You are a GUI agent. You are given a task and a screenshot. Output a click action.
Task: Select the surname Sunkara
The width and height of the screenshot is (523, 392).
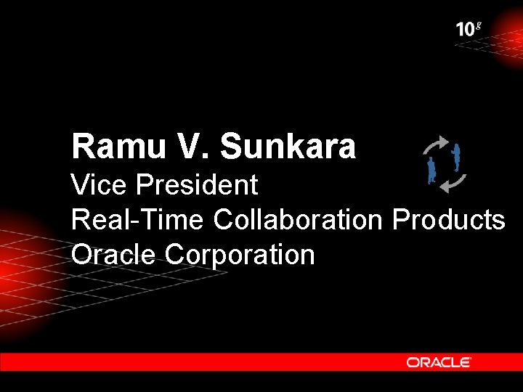coord(288,147)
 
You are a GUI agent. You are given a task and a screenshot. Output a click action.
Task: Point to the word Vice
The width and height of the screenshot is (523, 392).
coord(98,185)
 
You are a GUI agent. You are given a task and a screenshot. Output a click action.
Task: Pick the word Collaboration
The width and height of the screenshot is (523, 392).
coord(298,219)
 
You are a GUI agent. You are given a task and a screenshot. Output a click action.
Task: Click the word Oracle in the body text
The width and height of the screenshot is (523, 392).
coord(114,254)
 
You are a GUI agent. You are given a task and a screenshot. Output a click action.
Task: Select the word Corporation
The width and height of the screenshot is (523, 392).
coord(240,254)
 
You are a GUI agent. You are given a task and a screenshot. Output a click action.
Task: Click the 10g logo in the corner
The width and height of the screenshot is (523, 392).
coord(469,29)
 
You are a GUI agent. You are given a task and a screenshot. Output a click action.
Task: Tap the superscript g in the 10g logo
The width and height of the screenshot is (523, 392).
coord(478,25)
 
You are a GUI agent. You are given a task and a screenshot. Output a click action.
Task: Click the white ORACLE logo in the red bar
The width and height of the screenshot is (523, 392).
coord(439,362)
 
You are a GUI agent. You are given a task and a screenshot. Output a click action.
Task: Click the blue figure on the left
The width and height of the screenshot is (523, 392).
coord(431,170)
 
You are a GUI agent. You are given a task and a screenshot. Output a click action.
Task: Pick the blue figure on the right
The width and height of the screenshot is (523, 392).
coord(457,157)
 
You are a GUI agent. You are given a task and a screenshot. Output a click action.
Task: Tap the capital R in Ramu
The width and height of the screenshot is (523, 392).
coord(82,147)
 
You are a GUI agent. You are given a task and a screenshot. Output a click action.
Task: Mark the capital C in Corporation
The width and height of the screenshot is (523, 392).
coord(174,254)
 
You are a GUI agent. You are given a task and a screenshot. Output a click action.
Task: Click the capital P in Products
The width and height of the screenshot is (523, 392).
coord(401,219)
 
